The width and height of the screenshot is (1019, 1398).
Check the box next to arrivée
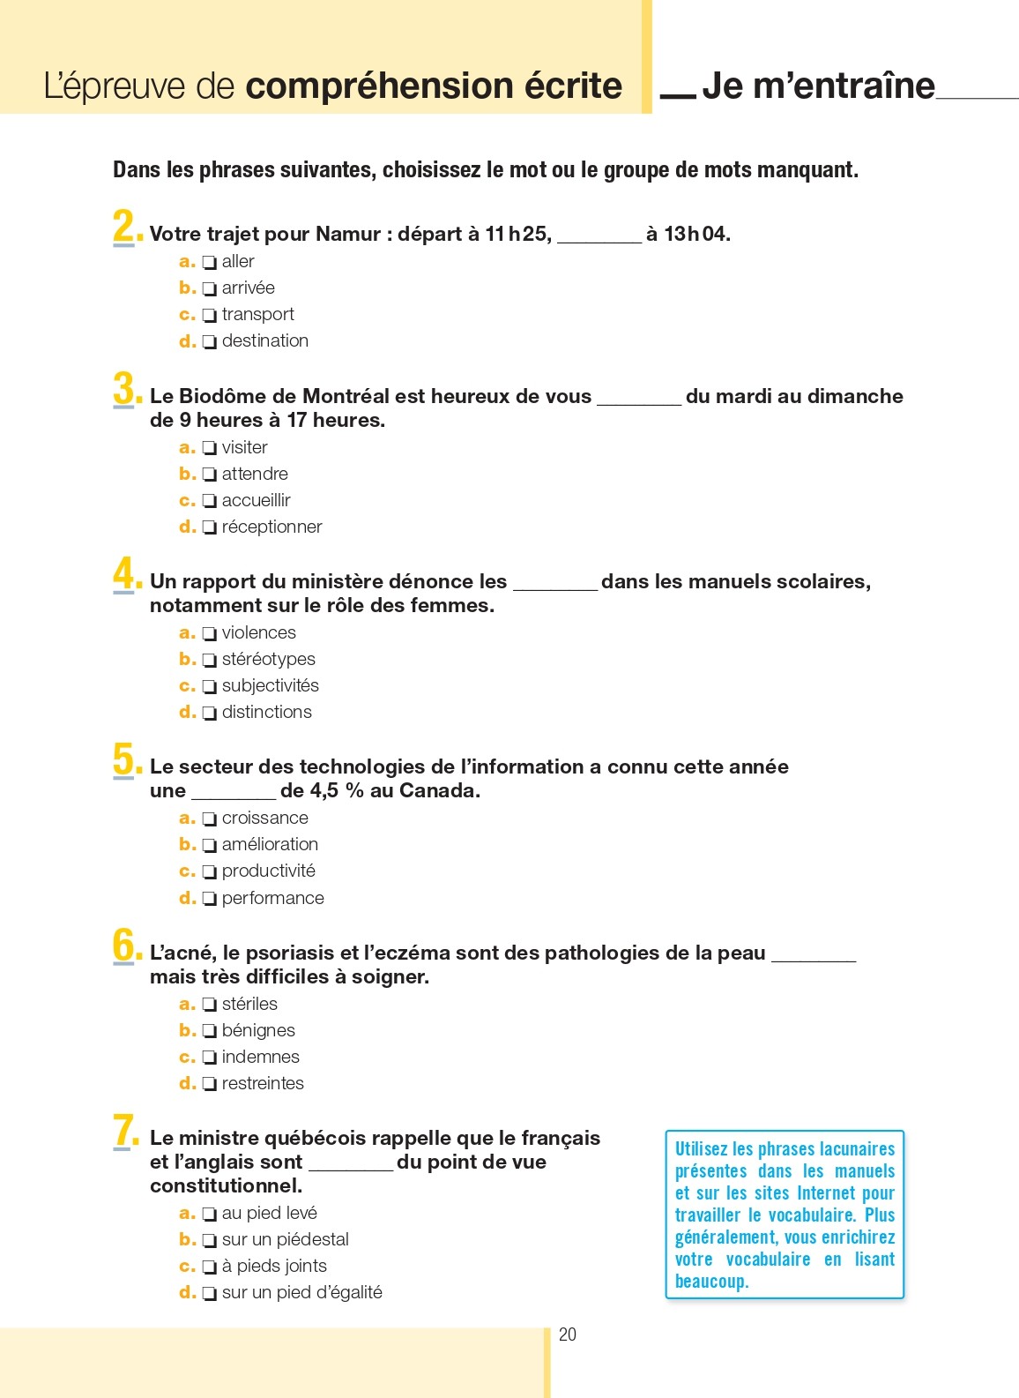pyautogui.click(x=209, y=288)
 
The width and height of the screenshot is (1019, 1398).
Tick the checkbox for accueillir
pyautogui.click(x=209, y=501)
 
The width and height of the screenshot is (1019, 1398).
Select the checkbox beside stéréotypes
pyautogui.click(x=209, y=660)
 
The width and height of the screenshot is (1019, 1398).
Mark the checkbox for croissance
pyautogui.click(x=209, y=819)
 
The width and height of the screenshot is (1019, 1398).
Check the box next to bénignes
pyautogui.click(x=209, y=1031)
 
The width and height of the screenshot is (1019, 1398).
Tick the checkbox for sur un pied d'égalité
pyautogui.click(x=209, y=1293)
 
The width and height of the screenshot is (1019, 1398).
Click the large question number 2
pyautogui.click(x=124, y=227)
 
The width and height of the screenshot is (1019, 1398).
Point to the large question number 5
pyautogui.click(x=124, y=759)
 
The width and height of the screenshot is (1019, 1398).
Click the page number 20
pyautogui.click(x=568, y=1334)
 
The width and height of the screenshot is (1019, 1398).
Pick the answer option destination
pyautogui.click(x=264, y=340)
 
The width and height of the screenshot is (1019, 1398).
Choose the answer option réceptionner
pyautogui.click(x=271, y=527)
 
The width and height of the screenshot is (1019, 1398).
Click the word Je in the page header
pyautogui.click(x=721, y=86)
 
